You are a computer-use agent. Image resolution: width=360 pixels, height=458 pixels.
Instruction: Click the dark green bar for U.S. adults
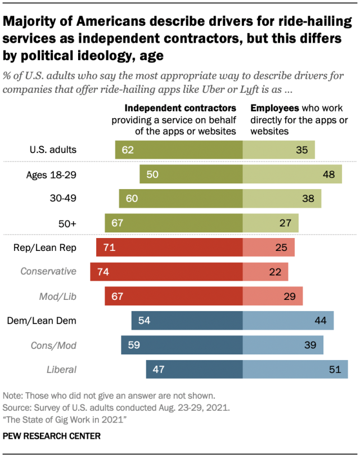(178, 150)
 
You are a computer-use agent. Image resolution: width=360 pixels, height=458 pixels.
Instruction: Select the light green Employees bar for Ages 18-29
(292, 174)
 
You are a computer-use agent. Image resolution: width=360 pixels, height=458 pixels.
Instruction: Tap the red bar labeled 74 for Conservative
(166, 271)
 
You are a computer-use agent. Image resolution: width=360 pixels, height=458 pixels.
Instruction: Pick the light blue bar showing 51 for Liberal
(295, 369)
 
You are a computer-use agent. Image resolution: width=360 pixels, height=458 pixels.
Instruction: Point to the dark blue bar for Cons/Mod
(181, 345)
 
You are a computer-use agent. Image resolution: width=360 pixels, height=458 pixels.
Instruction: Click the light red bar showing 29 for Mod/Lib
(273, 296)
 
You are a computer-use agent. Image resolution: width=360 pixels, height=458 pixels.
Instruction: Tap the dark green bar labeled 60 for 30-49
(181, 199)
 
